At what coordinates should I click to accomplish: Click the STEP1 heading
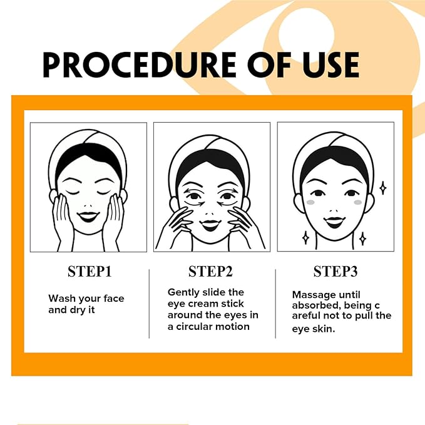pyautogui.click(x=89, y=272)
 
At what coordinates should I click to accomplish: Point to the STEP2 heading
pyautogui.click(x=210, y=272)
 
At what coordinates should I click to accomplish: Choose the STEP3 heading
pyautogui.click(x=335, y=272)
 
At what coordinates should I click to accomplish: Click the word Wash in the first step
pyautogui.click(x=61, y=299)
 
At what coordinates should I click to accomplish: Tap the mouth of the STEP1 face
pyautogui.click(x=88, y=216)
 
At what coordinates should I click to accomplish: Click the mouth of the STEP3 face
pyautogui.click(x=335, y=222)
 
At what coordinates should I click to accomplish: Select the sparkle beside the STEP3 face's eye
pyautogui.click(x=382, y=188)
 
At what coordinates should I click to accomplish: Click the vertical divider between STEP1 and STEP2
pyautogui.click(x=149, y=304)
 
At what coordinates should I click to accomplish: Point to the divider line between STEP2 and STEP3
pyautogui.click(x=276, y=304)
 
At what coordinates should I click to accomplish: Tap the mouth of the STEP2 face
pyautogui.click(x=211, y=223)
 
